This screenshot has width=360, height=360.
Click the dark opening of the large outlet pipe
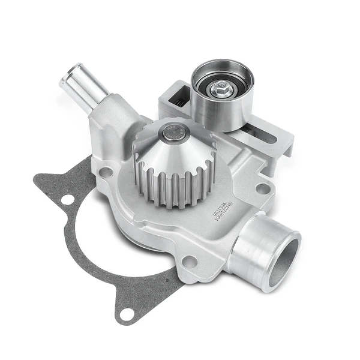(x=283, y=260)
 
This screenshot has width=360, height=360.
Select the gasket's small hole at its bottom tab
(x=126, y=313)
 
